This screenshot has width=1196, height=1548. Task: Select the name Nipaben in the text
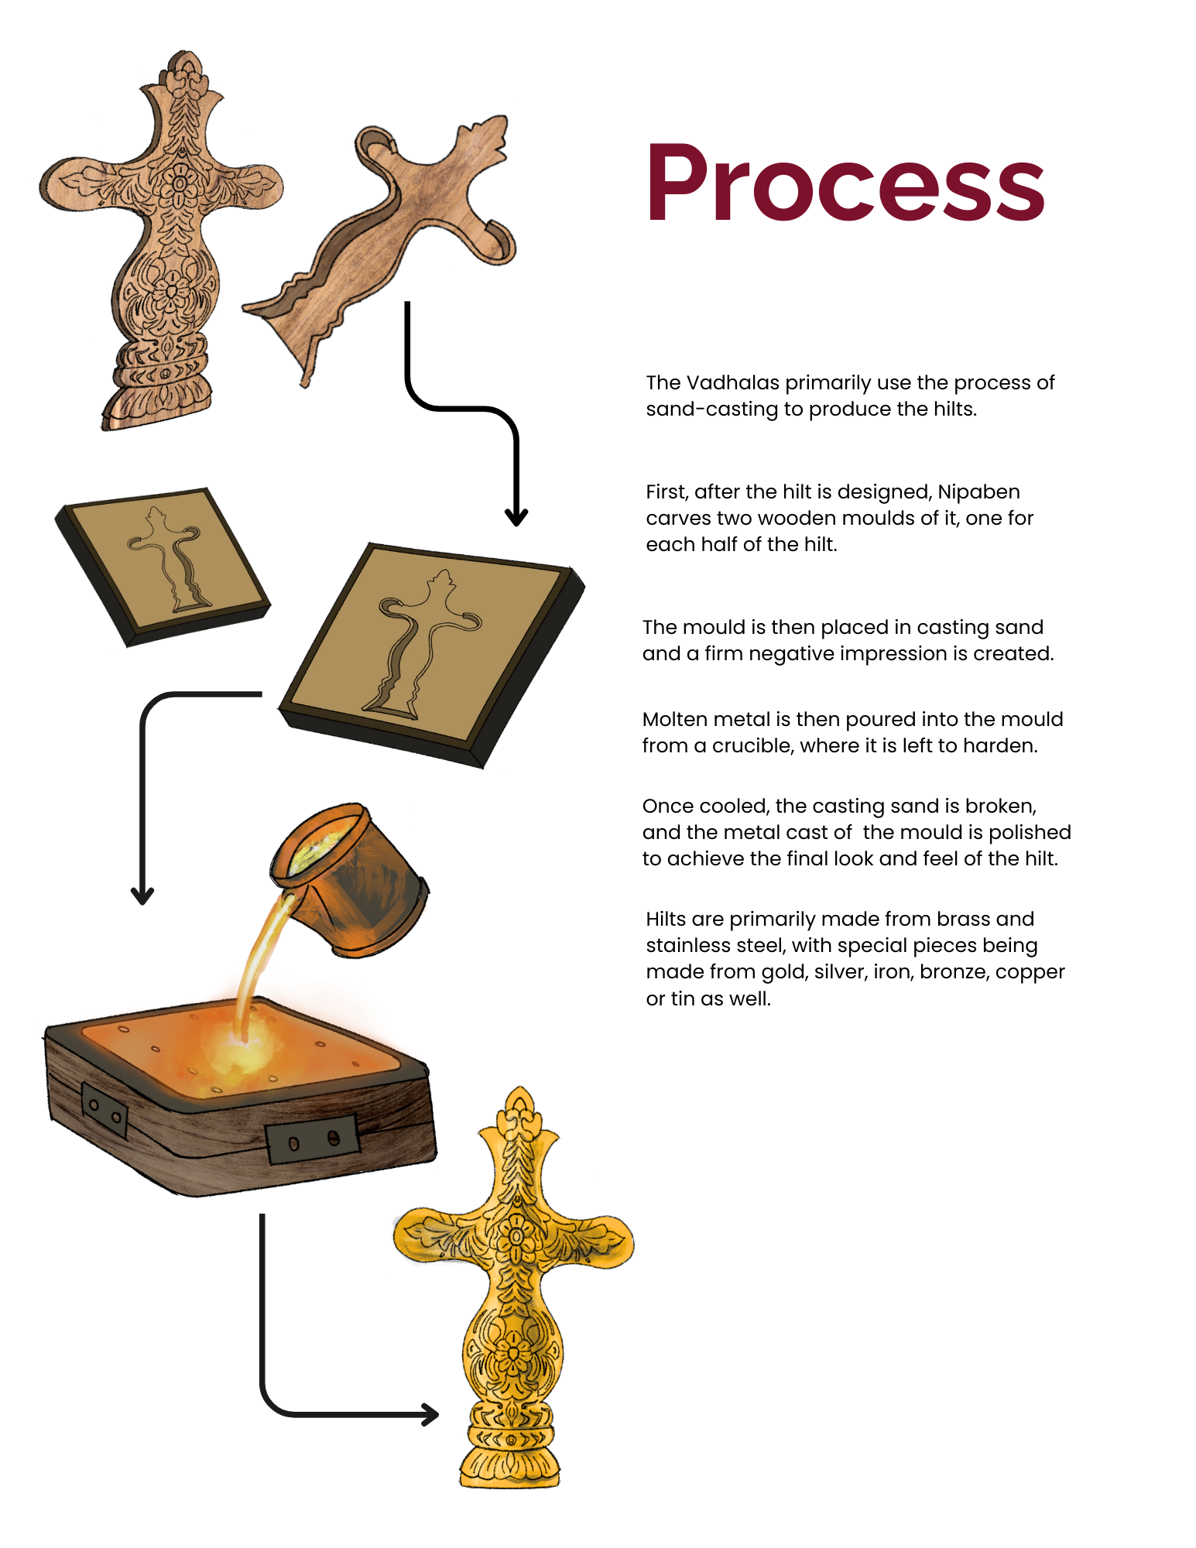pos(978,491)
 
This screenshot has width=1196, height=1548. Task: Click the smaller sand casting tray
pos(163,565)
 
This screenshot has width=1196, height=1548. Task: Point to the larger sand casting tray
pos(430,650)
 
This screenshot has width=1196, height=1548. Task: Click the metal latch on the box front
pos(313,1140)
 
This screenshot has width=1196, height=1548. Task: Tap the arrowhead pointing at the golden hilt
pos(430,1414)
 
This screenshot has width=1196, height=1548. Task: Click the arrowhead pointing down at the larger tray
pos(516,517)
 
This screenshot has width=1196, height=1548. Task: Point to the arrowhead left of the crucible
pos(142,896)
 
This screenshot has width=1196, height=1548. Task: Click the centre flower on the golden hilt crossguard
pos(514,1231)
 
